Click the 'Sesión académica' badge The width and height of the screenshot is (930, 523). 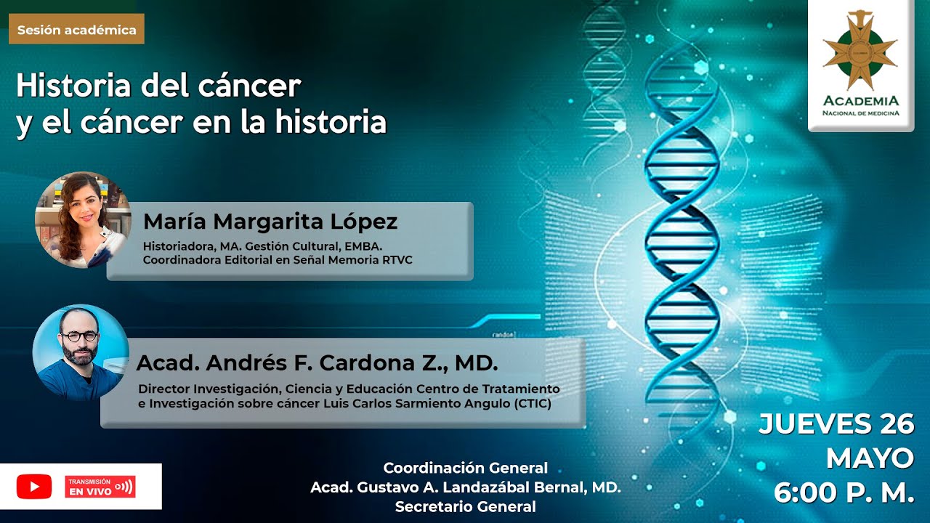point(76,30)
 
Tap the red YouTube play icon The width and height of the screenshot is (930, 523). point(34,487)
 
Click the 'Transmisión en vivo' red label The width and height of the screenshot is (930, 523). point(100,487)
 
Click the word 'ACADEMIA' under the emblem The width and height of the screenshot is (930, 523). point(861,101)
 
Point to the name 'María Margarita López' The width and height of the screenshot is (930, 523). point(270,222)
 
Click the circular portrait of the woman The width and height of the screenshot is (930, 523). point(81,219)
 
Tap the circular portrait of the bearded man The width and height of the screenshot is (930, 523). point(81,352)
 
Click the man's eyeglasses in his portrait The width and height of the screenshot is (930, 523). point(79,337)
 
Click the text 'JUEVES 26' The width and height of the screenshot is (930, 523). point(836,424)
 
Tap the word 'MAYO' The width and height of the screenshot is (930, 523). point(870,458)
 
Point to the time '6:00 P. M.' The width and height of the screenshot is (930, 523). point(844,493)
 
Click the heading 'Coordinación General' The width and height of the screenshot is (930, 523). point(466,468)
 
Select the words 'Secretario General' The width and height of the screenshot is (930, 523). point(466,507)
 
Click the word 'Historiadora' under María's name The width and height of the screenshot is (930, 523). point(177,245)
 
